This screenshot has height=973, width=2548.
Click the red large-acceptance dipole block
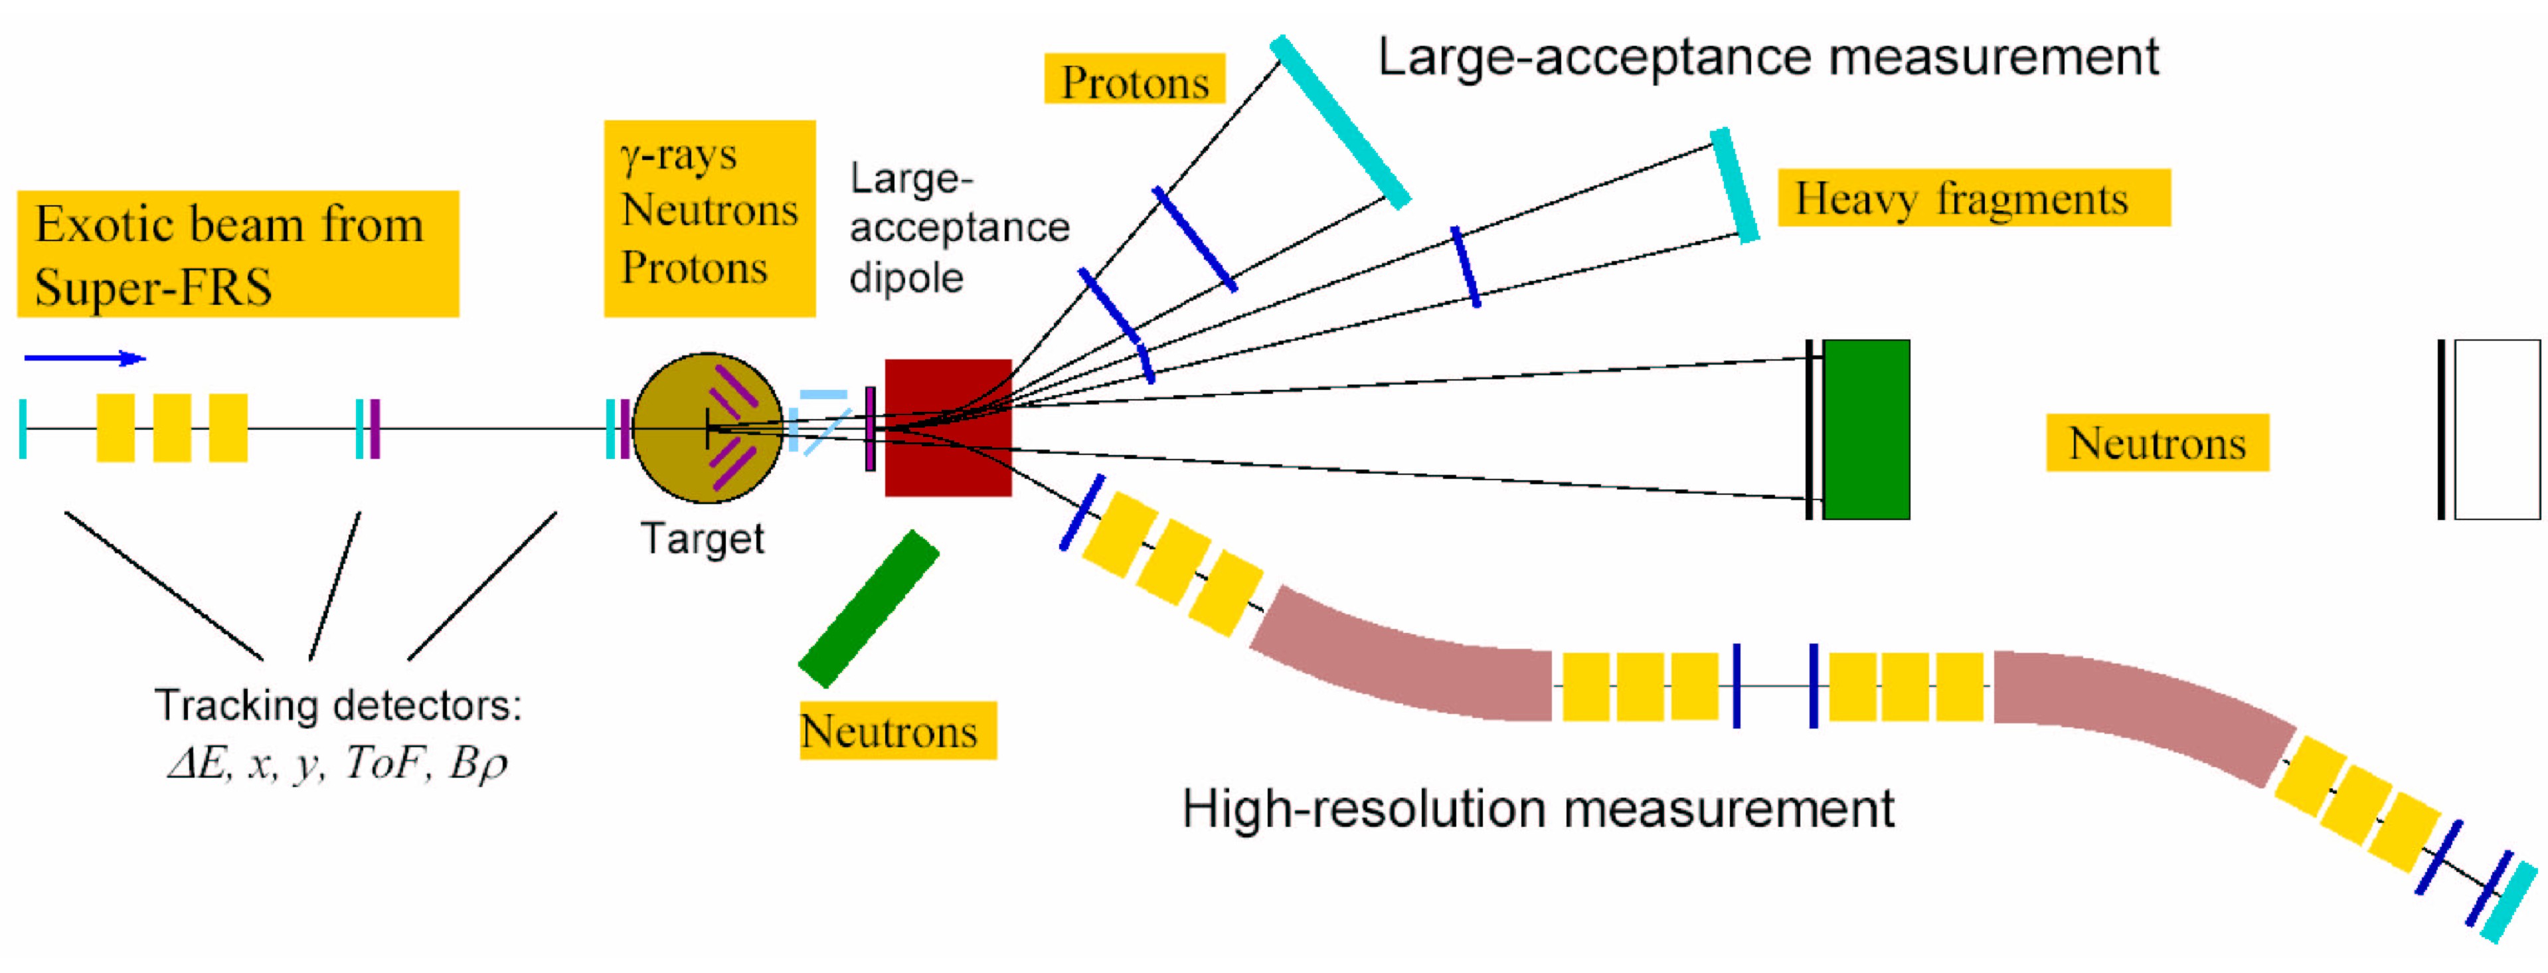[x=948, y=427]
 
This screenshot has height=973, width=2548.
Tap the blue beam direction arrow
[x=85, y=358]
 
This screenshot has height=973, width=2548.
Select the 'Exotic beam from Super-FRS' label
[x=237, y=254]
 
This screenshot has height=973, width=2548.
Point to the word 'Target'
[x=703, y=539]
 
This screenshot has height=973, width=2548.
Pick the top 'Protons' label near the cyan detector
[x=1134, y=80]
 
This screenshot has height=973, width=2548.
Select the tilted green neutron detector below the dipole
[x=869, y=608]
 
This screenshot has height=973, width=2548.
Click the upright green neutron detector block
[x=1865, y=429]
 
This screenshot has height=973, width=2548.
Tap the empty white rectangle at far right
[x=2497, y=429]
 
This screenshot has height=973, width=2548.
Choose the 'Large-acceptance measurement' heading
[x=1768, y=56]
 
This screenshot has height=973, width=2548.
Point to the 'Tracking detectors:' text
[x=337, y=705]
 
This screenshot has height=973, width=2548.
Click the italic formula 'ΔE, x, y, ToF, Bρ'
[x=337, y=762]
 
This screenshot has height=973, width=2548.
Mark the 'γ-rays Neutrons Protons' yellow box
[x=709, y=218]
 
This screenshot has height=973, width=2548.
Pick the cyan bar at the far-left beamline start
[x=23, y=428]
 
